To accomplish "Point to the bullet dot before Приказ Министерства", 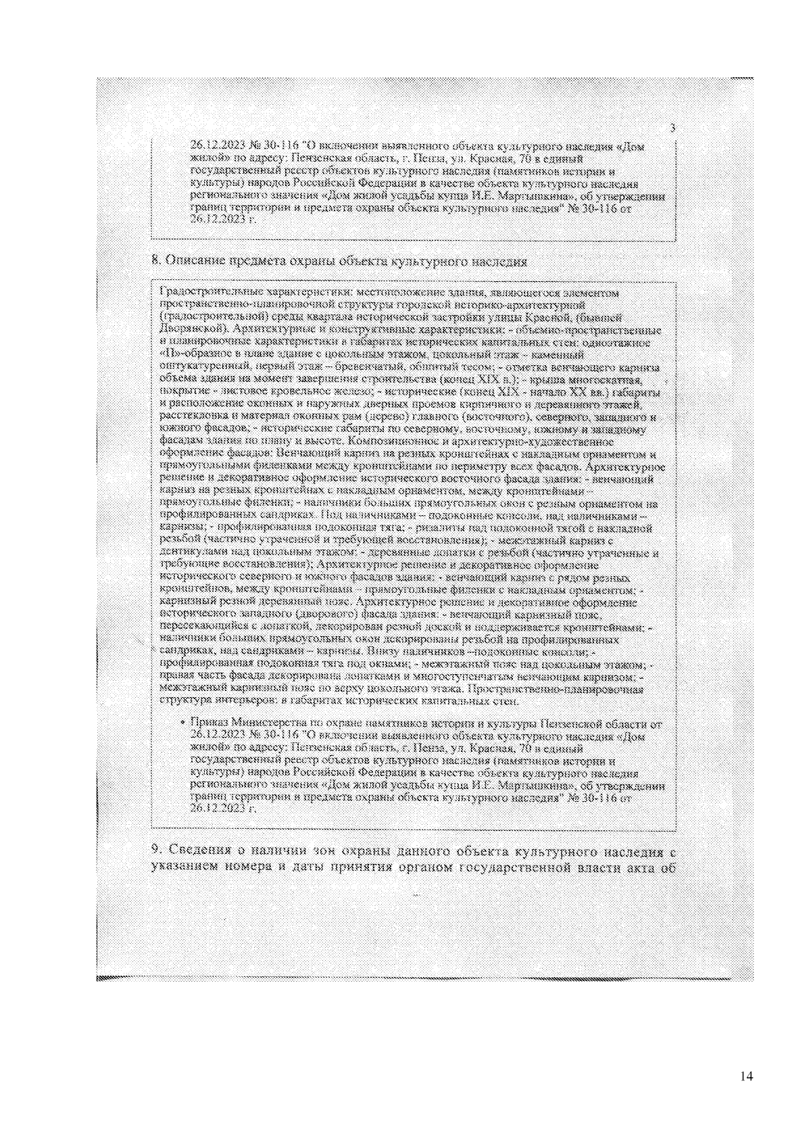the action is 183,723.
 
